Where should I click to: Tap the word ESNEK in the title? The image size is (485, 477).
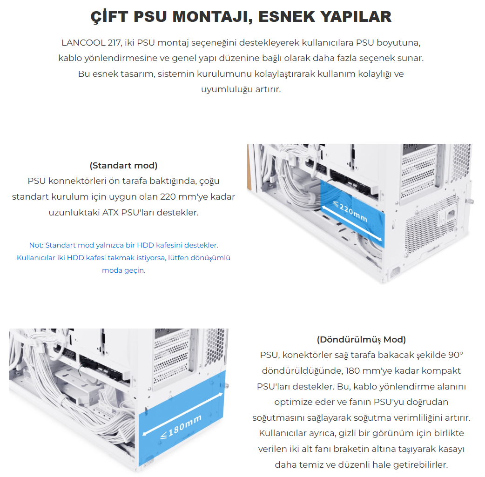[x=286, y=17]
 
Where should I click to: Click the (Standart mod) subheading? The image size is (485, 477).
[x=123, y=166]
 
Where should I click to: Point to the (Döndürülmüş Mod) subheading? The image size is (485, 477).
[x=361, y=339]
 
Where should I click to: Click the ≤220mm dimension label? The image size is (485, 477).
[x=350, y=212]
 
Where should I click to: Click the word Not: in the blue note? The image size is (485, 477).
[x=36, y=245]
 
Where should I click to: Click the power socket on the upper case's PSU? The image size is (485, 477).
[x=449, y=214]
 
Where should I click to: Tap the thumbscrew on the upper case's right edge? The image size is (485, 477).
[x=471, y=201]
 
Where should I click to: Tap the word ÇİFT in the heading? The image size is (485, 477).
[x=109, y=17]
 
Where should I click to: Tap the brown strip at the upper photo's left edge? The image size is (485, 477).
[x=249, y=167]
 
